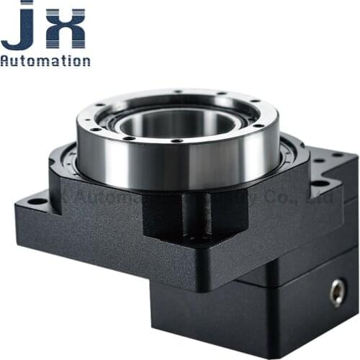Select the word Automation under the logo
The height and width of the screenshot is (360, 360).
[x=45, y=60]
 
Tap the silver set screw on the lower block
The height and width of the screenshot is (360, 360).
[x=336, y=292]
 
